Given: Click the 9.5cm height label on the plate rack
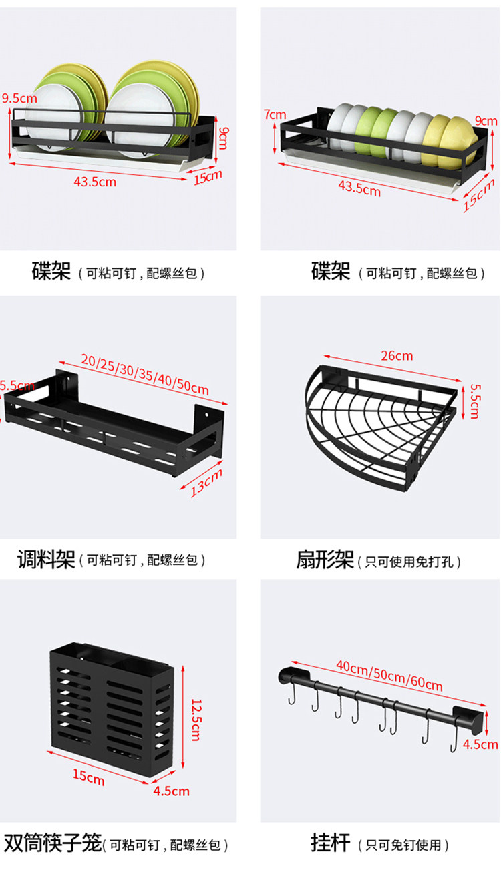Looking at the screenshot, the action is tap(19, 98).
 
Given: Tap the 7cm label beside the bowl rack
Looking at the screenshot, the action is tap(275, 114).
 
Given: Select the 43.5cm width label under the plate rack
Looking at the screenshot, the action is tap(96, 181).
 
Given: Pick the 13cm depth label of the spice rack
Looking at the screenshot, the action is tap(206, 482).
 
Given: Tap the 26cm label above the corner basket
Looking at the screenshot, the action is tap(397, 355).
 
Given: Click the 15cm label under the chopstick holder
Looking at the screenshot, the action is tap(89, 777).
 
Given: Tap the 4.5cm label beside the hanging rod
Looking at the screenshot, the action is tap(481, 744).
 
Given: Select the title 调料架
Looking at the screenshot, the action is tap(46, 559).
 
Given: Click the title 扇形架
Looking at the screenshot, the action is tap(325, 560).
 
